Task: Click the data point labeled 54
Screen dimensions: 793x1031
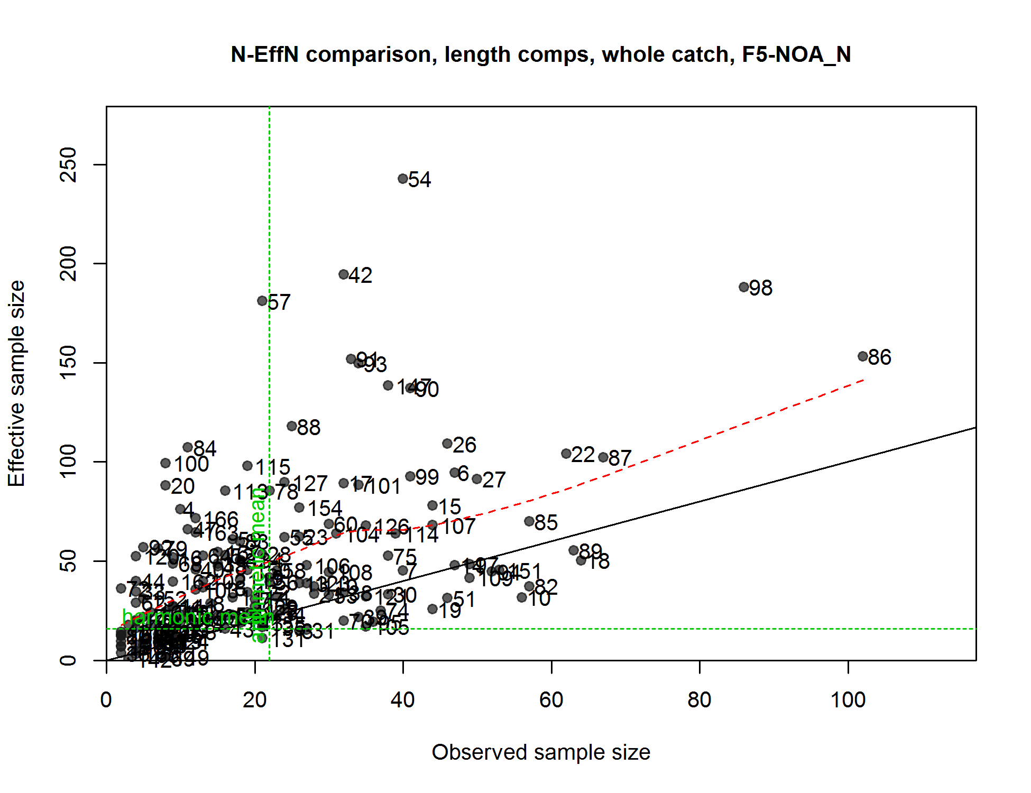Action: pyautogui.click(x=403, y=179)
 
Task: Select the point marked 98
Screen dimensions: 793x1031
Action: pyautogui.click(x=744, y=287)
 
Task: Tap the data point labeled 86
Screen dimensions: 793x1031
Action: pyautogui.click(x=863, y=356)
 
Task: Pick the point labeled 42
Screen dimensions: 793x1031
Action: pyautogui.click(x=344, y=274)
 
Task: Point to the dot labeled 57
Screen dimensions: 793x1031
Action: pyautogui.click(x=262, y=301)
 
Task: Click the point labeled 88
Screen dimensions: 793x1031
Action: pyautogui.click(x=292, y=426)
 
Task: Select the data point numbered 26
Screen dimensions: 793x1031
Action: pyautogui.click(x=447, y=444)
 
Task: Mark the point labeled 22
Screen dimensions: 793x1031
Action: pyautogui.click(x=566, y=454)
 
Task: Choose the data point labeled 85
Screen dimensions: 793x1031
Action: pyautogui.click(x=529, y=521)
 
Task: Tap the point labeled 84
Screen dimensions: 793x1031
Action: pyautogui.click(x=188, y=448)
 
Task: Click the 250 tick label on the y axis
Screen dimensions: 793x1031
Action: pyautogui.click(x=69, y=164)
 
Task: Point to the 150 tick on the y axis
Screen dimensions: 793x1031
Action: pyautogui.click(x=69, y=363)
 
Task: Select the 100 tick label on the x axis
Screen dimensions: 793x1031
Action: pyautogui.click(x=848, y=700)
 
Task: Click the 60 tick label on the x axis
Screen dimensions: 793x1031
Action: pyautogui.click(x=551, y=700)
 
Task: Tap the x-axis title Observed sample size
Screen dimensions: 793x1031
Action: pyautogui.click(x=541, y=752)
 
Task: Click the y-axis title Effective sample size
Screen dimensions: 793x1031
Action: pyautogui.click(x=17, y=383)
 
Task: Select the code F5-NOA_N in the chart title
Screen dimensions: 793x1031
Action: pyautogui.click(x=796, y=55)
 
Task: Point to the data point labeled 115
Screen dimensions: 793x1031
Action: pyautogui.click(x=247, y=466)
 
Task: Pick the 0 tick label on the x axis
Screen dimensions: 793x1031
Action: pyautogui.click(x=106, y=700)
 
